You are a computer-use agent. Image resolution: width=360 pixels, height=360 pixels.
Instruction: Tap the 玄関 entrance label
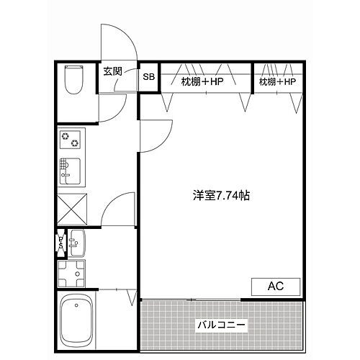click(112, 71)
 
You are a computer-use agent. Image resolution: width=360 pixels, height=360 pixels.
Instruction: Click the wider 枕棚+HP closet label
click(204, 81)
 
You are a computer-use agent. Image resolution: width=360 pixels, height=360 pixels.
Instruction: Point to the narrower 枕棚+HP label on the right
click(277, 82)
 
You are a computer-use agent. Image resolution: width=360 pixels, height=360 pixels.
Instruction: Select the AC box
click(276, 286)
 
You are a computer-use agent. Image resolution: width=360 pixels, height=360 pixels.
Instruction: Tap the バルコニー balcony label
click(222, 325)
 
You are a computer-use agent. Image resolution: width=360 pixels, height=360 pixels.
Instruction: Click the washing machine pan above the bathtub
click(72, 273)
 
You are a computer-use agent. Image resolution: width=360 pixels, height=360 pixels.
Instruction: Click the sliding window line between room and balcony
click(192, 299)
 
